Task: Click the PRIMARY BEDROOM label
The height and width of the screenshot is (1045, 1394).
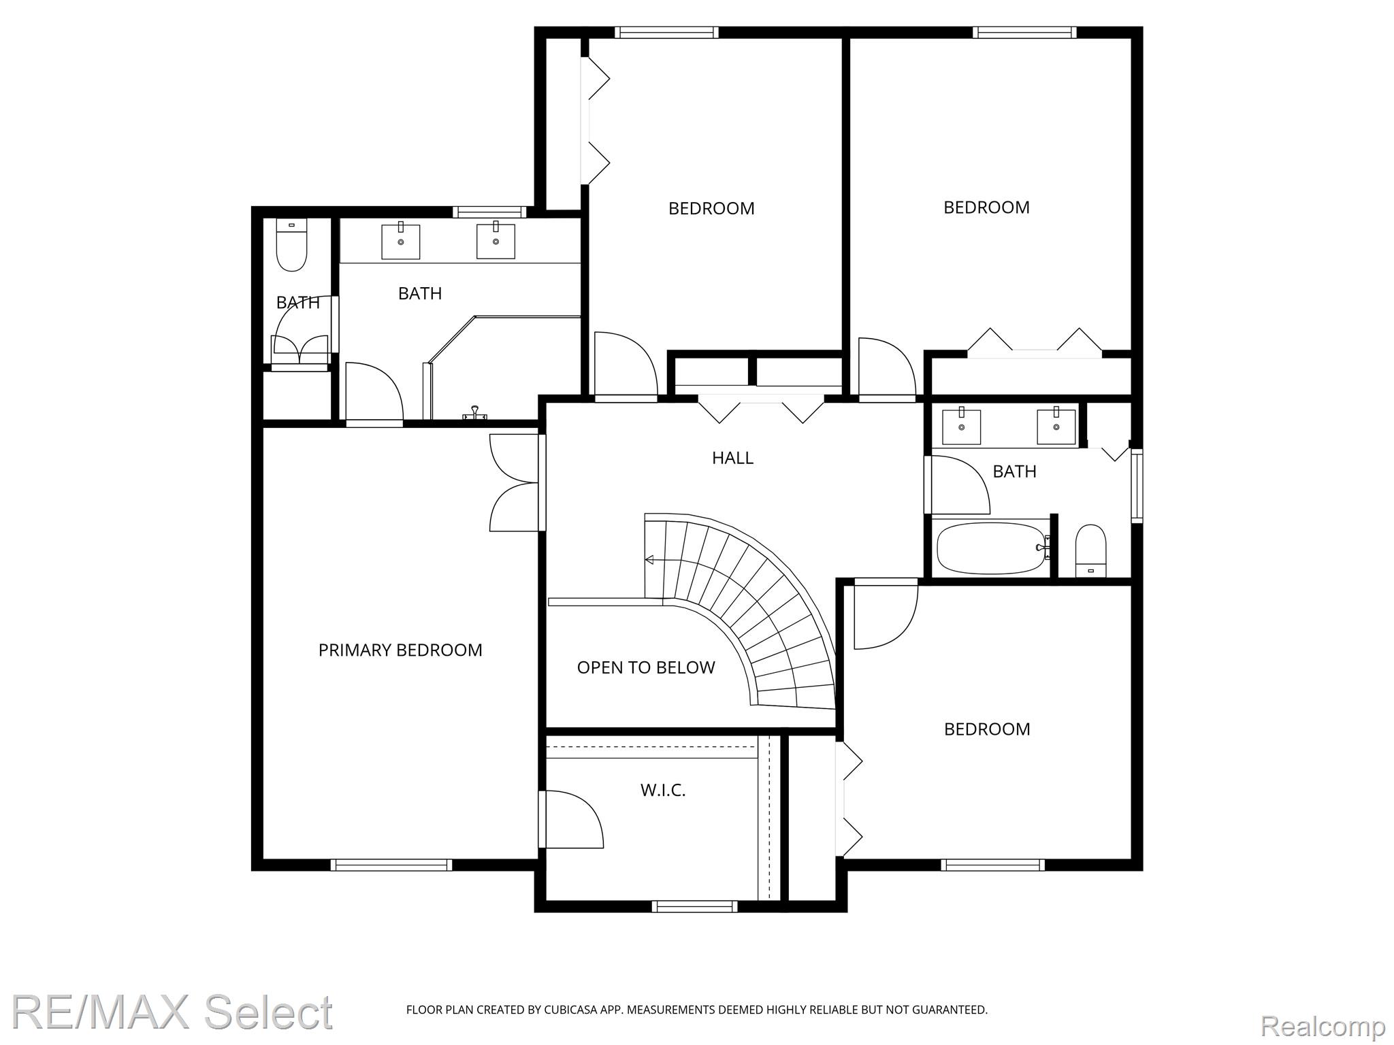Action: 400,650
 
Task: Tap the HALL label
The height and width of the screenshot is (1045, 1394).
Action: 732,458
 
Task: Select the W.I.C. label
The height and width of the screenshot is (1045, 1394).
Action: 663,790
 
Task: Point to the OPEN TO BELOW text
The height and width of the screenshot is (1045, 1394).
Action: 646,667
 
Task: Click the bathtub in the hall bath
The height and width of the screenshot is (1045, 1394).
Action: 992,548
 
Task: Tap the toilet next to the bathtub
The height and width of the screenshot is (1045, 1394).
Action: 1090,550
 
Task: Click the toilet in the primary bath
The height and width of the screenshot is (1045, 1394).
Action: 291,245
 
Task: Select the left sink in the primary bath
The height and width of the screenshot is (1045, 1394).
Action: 400,241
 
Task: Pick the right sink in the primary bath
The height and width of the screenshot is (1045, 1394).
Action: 496,240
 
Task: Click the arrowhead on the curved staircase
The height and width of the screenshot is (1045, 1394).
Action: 649,560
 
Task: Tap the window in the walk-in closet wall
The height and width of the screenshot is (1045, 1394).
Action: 694,906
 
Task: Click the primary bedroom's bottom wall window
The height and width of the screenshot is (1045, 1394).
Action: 391,865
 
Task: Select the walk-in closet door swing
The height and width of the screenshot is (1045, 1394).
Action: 571,819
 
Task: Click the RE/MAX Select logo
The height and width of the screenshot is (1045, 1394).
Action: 173,1012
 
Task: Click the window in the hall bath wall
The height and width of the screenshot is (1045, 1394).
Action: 1137,486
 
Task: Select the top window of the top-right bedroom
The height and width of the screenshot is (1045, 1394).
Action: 1024,32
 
